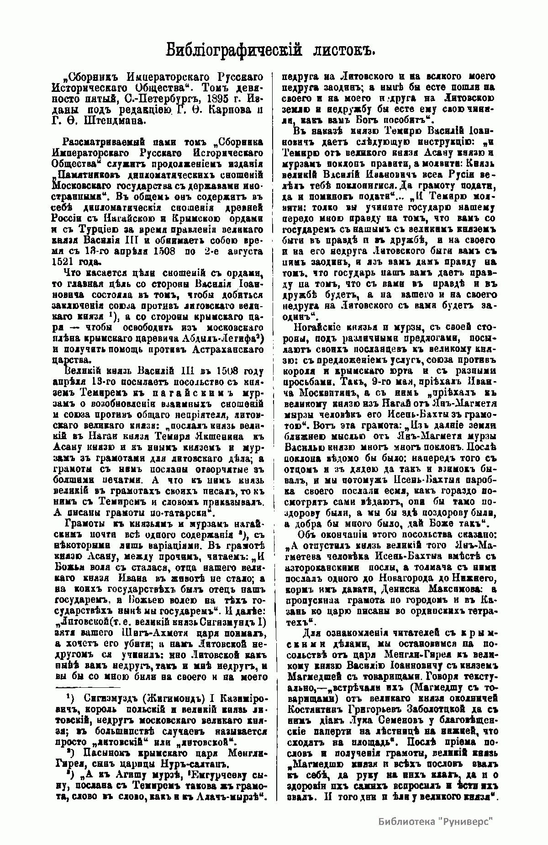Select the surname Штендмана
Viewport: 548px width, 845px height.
point(102,121)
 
